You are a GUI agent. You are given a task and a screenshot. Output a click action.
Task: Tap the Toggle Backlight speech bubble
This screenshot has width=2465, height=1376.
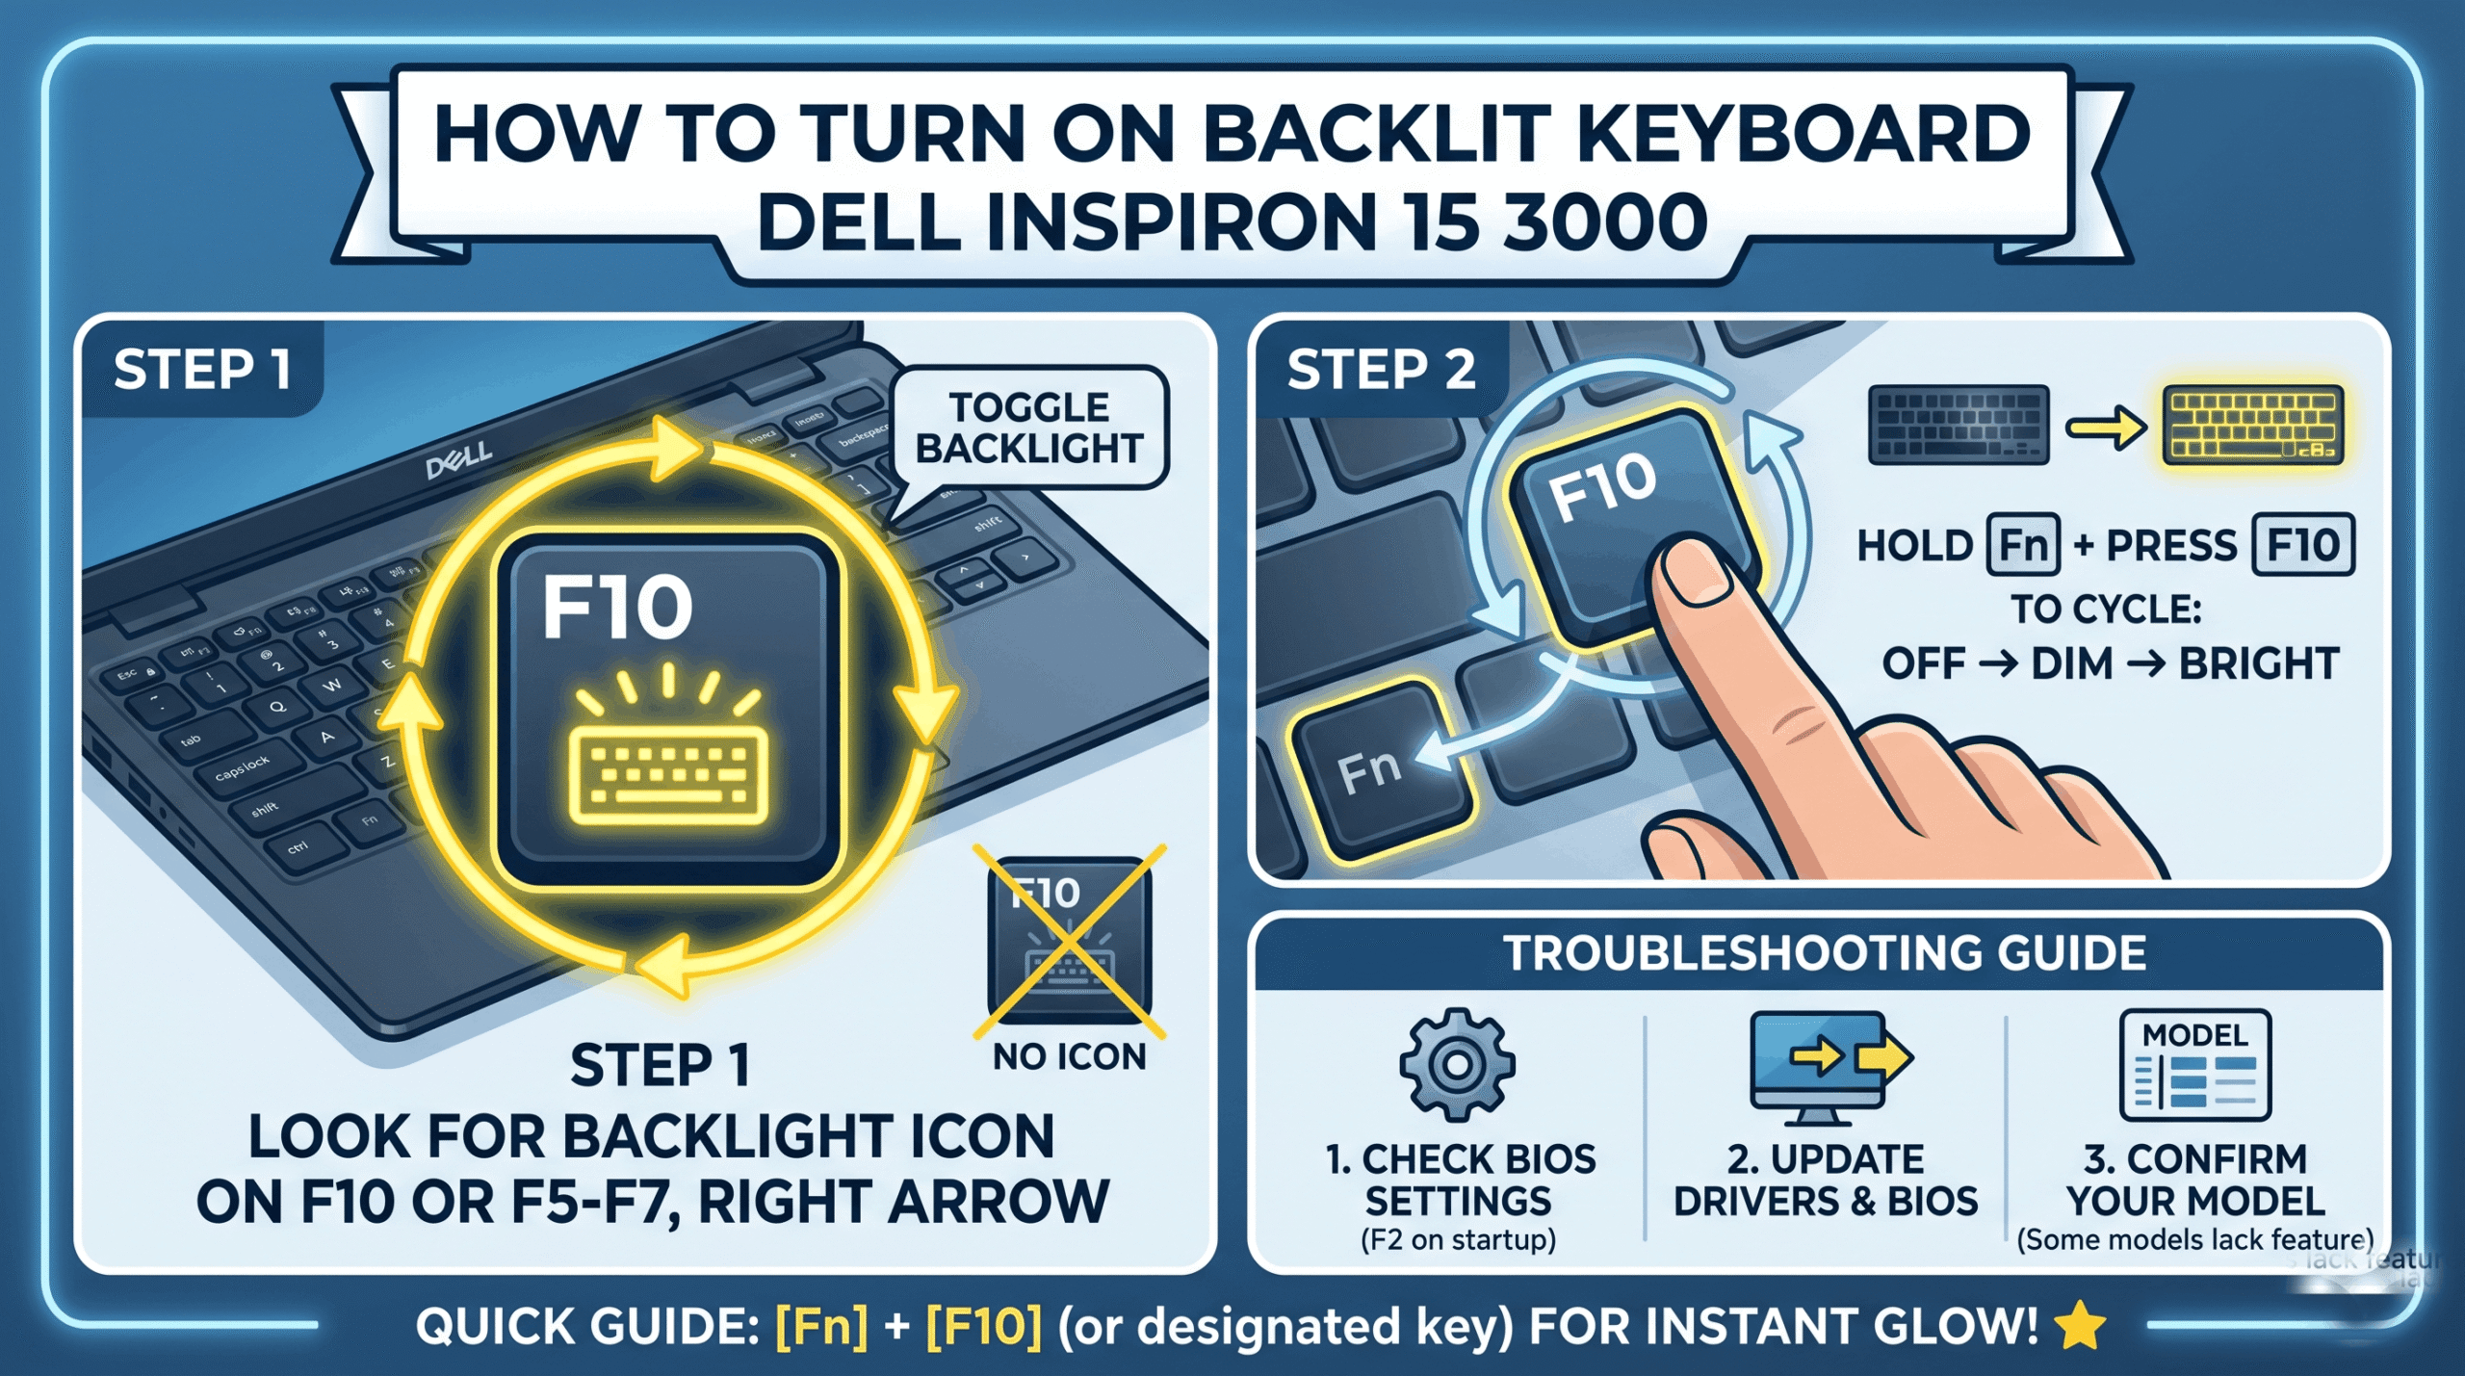pyautogui.click(x=1029, y=427)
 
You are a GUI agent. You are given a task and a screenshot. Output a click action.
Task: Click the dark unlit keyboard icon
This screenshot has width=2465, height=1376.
pyautogui.click(x=1958, y=425)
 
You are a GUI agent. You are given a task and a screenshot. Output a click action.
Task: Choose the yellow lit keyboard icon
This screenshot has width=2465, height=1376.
pyautogui.click(x=2251, y=425)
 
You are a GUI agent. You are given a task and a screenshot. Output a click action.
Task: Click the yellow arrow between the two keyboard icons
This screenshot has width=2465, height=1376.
pyautogui.click(x=2106, y=427)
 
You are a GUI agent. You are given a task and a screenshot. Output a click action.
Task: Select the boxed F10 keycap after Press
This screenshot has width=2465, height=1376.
pyautogui.click(x=2302, y=545)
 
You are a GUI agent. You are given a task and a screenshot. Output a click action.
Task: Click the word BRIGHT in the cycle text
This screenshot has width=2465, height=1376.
pyautogui.click(x=2258, y=663)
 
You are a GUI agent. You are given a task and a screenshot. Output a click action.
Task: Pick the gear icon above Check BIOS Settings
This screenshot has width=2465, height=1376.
pyautogui.click(x=1457, y=1064)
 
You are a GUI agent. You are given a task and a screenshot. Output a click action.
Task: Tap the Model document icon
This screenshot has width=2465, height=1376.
pyautogui.click(x=2194, y=1065)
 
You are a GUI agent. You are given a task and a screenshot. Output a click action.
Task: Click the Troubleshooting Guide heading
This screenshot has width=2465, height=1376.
pyautogui.click(x=1824, y=953)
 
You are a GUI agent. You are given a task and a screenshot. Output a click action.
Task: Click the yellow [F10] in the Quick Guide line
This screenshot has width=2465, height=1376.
pyautogui.click(x=983, y=1326)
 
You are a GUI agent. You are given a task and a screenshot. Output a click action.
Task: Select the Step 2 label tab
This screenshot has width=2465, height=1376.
pyautogui.click(x=1380, y=370)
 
